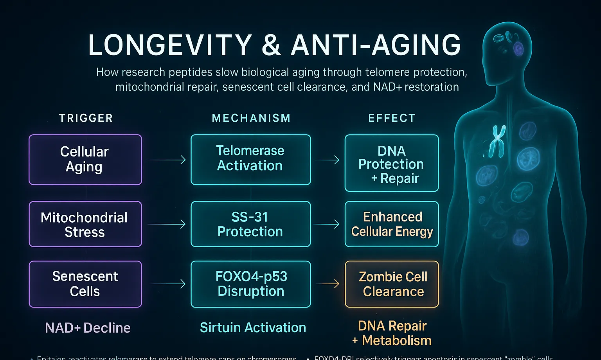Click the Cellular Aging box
[85, 160]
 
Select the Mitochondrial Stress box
[85, 224]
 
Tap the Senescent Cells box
[85, 284]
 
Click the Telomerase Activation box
[250, 160]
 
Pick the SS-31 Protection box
[250, 224]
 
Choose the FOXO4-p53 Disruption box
[250, 284]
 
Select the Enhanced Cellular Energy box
[391, 224]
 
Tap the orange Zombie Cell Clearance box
[391, 284]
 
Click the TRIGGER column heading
[86, 118]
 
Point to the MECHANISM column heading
[251, 118]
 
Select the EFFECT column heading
[392, 118]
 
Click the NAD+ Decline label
[88, 328]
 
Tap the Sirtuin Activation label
[253, 328]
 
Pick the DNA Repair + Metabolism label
[392, 333]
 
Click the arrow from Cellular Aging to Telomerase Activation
[166, 160]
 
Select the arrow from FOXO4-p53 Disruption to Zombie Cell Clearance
[327, 283]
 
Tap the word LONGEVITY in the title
[170, 45]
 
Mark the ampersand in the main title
[271, 45]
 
